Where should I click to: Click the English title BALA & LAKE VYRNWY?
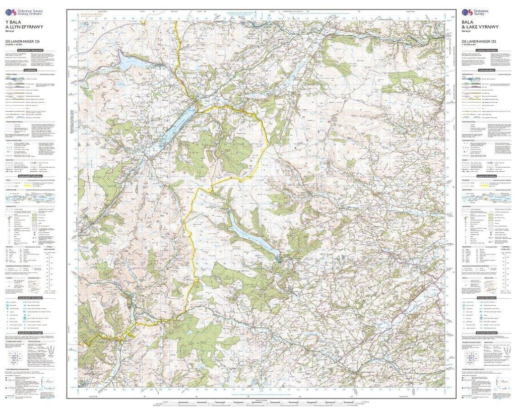point(479,26)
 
